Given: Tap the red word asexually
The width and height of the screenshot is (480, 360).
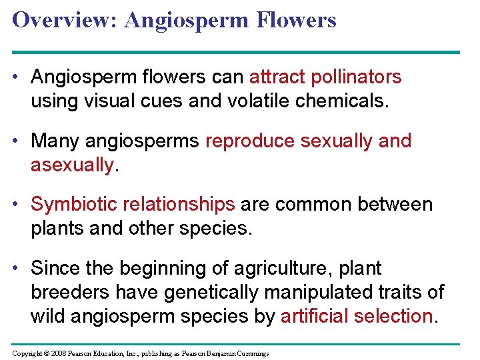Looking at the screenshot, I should (x=73, y=165).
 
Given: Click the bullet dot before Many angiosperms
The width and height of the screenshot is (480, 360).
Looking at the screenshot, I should (x=17, y=141).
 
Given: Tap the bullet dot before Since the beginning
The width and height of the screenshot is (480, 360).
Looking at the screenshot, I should (x=17, y=269).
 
